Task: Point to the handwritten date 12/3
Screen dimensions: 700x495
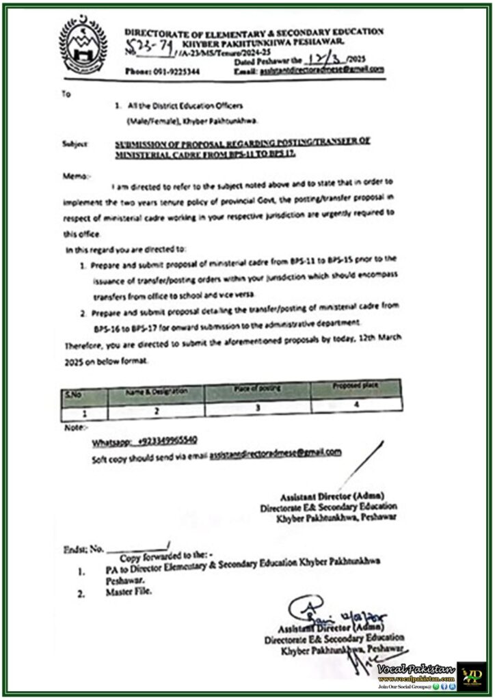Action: pyautogui.click(x=330, y=60)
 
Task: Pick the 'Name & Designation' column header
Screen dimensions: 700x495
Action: pyautogui.click(x=155, y=391)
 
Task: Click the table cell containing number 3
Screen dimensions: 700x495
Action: pyautogui.click(x=258, y=405)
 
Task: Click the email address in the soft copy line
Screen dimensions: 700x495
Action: pyautogui.click(x=275, y=453)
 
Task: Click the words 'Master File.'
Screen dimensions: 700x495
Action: pyautogui.click(x=128, y=592)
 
